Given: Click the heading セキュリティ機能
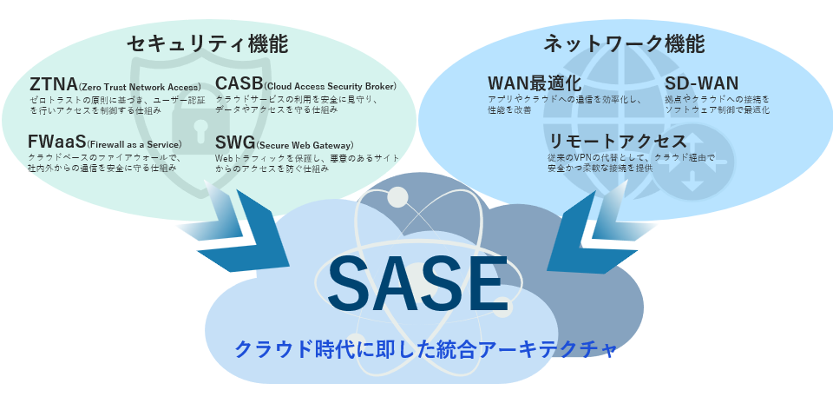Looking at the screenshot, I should [x=207, y=44].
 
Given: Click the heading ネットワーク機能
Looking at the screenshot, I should [x=624, y=44].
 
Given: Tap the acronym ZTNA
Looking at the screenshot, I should [x=52, y=85].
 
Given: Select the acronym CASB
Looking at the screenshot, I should [x=238, y=85].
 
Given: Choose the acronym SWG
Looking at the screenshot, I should [x=234, y=142].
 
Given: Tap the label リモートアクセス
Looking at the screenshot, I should [x=617, y=141].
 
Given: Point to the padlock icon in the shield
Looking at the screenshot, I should [x=186, y=130].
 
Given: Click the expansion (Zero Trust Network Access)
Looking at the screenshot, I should [x=140, y=88].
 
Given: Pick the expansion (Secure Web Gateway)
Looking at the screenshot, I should [x=305, y=143].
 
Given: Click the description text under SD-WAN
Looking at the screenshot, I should [x=717, y=106].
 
